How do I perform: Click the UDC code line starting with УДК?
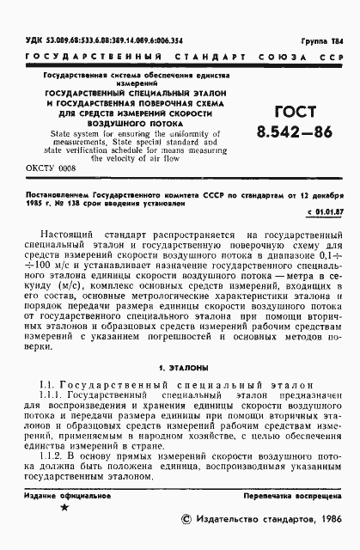pyautogui.click(x=90, y=40)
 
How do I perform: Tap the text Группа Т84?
pyautogui.click(x=327, y=40)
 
